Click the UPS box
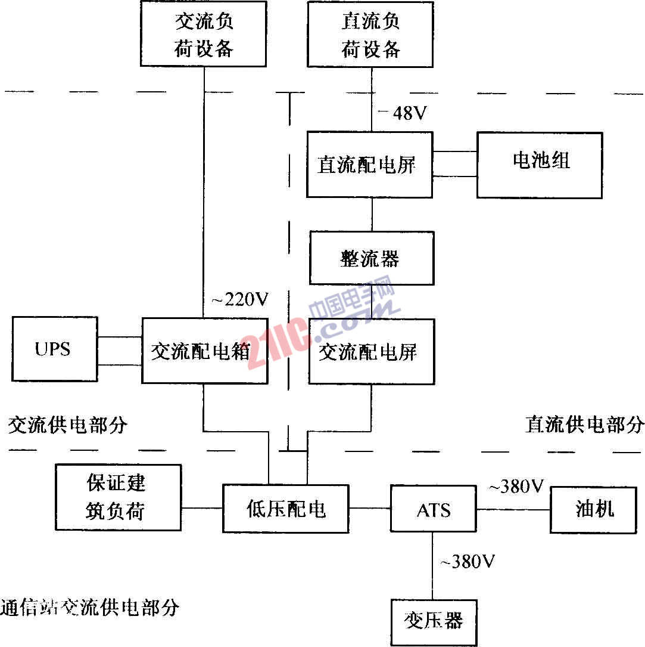[54, 349]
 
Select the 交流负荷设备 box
[204, 33]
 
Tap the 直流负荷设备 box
[370, 33]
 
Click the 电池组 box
[540, 165]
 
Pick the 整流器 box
[372, 258]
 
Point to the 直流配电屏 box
[369, 165]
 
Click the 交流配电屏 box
[371, 352]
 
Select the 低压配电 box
[286, 509]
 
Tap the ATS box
[434, 509]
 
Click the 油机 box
[593, 509]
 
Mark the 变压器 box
[434, 622]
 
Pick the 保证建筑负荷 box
[118, 497]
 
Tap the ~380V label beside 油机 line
[516, 487]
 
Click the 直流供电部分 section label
[584, 425]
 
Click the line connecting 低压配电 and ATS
[370, 509]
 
